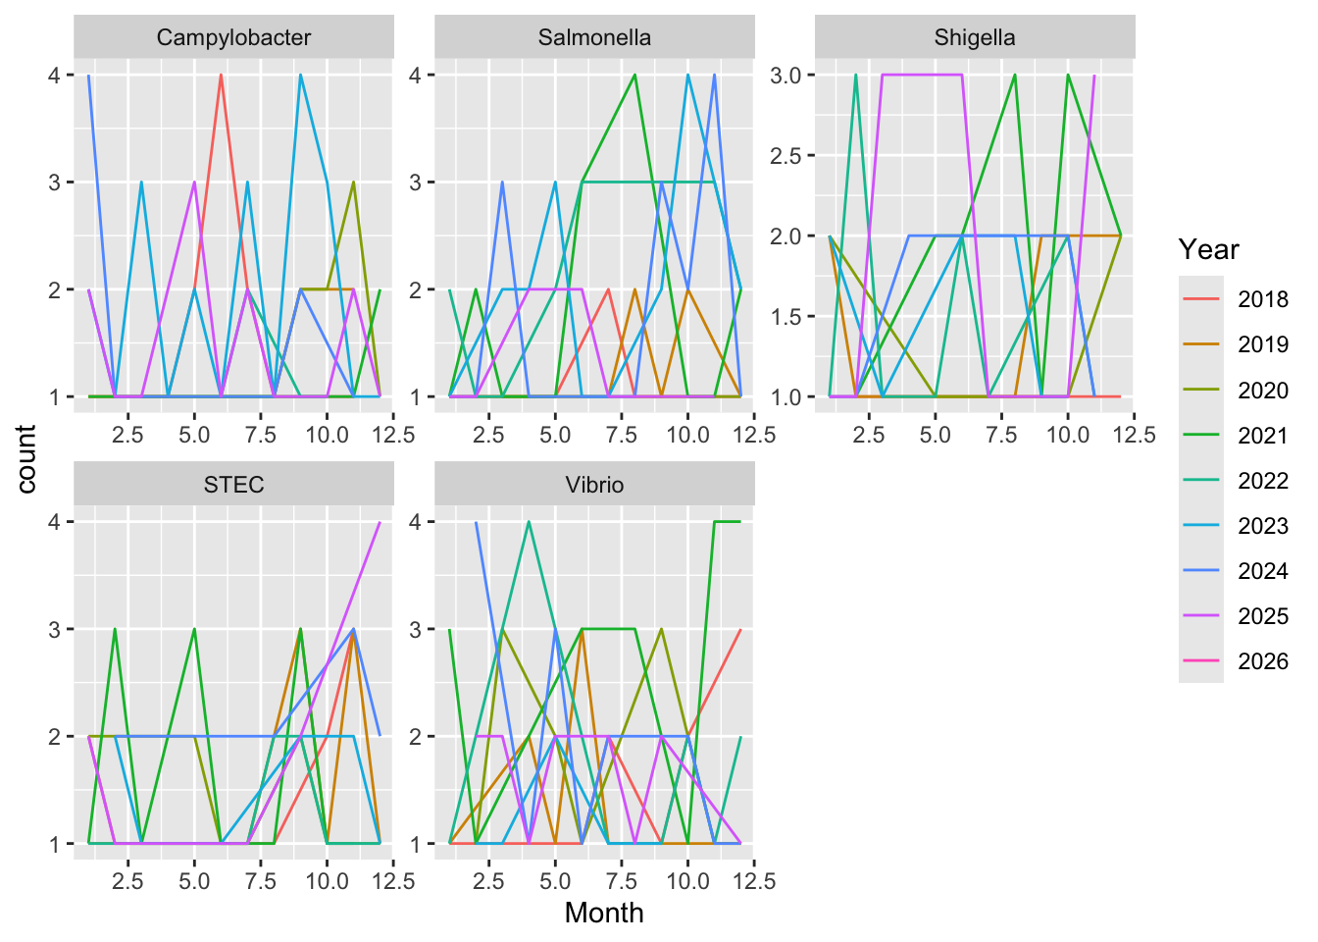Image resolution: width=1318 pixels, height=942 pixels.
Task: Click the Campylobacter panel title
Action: coord(233,38)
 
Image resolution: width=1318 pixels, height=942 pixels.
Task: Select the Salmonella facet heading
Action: coord(594,38)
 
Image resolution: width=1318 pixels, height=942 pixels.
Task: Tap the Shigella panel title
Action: coord(974,38)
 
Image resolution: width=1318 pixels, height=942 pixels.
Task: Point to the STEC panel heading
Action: coord(233,485)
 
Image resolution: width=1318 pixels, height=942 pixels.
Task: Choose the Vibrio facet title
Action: coord(594,485)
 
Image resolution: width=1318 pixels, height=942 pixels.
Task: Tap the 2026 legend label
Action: coord(1262,661)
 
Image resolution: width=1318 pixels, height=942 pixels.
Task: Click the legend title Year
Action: coord(1208,249)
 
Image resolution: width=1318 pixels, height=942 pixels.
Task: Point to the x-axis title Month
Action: coord(604,913)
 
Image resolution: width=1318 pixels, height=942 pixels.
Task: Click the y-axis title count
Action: coord(26,458)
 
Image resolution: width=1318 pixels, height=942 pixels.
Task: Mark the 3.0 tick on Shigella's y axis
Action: coord(786,76)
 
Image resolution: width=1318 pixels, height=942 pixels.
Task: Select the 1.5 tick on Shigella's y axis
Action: coord(786,317)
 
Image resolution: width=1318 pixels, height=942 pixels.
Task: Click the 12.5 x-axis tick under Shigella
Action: coord(1134,434)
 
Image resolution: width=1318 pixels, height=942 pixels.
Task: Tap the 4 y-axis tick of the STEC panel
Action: coord(55,522)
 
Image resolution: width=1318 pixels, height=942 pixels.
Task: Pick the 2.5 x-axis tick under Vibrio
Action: coord(488,880)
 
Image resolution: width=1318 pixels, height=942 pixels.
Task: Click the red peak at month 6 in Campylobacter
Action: coord(221,76)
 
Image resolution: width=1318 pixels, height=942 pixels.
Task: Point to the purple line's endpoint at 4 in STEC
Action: coord(380,522)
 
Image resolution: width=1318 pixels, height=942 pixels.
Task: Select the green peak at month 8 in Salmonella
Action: coord(634,76)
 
